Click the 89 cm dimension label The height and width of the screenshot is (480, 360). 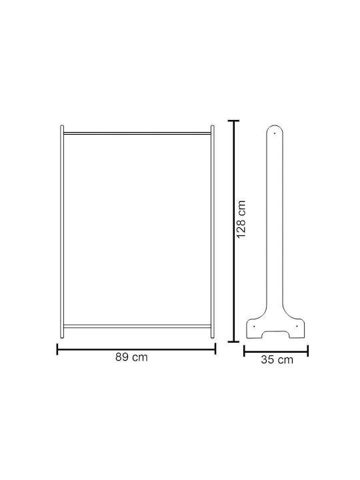[x=131, y=357]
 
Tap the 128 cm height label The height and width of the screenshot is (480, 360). [x=241, y=219]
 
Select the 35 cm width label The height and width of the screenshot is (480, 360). [x=277, y=359]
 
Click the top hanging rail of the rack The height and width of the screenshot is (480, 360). [x=137, y=133]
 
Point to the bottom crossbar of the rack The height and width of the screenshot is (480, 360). [x=137, y=326]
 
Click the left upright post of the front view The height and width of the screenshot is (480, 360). [x=62, y=232]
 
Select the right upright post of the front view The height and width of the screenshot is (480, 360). [x=213, y=232]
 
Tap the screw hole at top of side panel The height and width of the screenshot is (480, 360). [x=275, y=133]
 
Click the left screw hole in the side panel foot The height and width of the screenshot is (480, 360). [x=254, y=326]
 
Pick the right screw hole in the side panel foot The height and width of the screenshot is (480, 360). [x=297, y=326]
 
